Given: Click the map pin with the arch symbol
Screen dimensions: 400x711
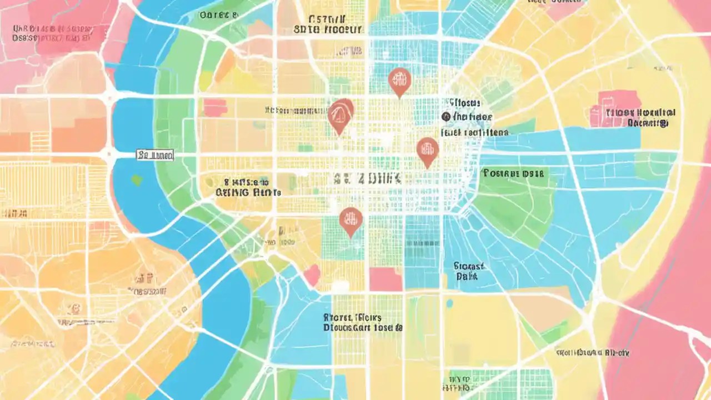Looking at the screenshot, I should [340, 115].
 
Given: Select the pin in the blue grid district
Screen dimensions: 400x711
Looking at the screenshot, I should [399, 81].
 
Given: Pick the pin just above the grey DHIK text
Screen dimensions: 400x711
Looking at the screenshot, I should [427, 151].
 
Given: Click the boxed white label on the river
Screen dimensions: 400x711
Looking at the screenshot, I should [155, 155].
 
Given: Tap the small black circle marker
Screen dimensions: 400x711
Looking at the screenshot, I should [445, 116].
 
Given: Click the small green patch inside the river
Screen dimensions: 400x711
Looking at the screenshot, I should [137, 180].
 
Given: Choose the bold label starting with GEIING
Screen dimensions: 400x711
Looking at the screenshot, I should [248, 192].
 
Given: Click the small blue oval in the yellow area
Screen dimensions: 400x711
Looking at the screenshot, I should [449, 303].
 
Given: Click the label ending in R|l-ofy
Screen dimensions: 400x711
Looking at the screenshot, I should [593, 352].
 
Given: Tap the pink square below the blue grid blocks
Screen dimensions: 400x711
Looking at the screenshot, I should [385, 279].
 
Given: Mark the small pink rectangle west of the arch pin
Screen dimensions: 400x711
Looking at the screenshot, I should [215, 107].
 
